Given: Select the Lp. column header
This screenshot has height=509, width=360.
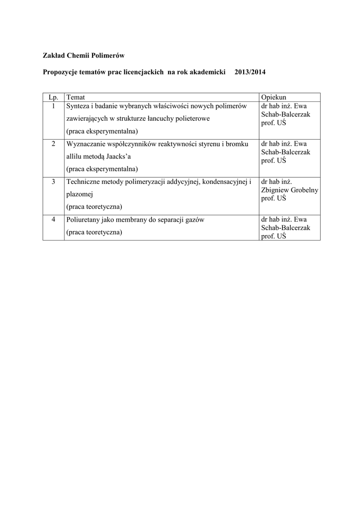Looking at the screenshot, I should click(53, 97).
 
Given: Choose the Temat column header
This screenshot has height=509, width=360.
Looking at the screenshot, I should click(76, 97).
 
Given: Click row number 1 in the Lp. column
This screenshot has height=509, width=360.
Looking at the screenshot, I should click(53, 106).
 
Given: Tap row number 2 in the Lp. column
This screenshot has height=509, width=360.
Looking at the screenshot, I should click(53, 144).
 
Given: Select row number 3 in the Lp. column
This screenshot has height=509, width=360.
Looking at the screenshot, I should click(53, 182).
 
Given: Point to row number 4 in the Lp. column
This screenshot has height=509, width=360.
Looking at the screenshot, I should click(53, 220).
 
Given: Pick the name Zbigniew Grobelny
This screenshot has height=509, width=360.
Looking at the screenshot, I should click(289, 190).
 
